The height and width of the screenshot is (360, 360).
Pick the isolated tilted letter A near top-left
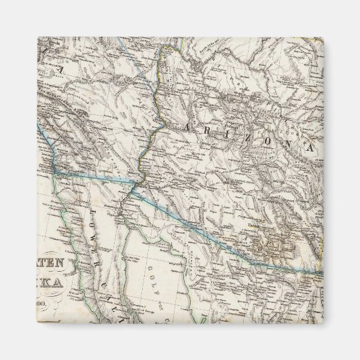(58, 68)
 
